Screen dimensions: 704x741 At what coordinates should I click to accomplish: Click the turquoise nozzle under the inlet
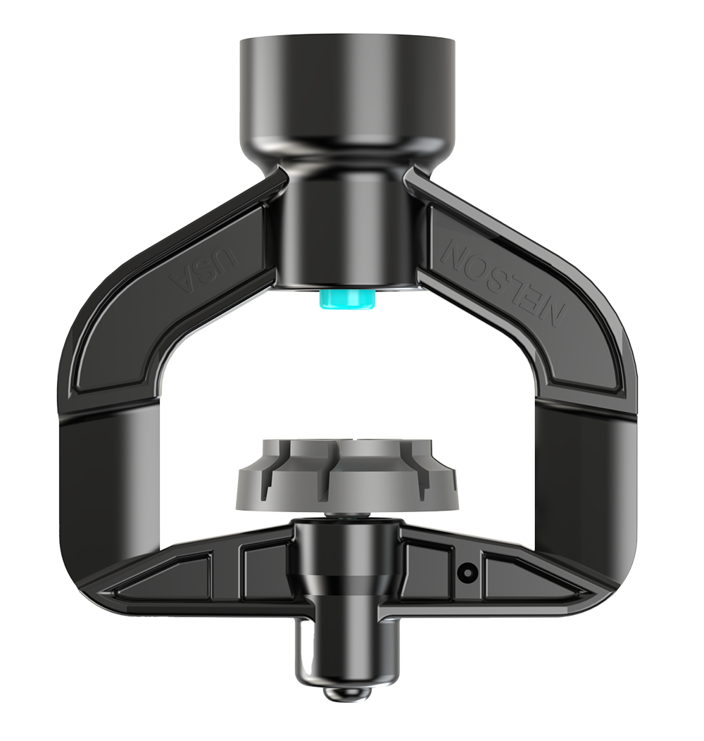tap(347, 300)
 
